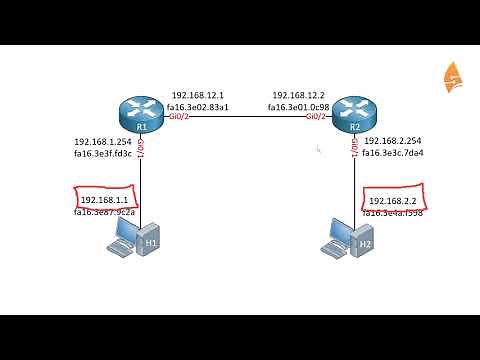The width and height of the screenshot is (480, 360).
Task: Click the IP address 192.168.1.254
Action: coord(102,142)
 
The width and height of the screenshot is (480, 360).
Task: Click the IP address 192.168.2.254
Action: coord(393,141)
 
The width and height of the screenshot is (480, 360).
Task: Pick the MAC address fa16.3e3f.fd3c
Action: coord(102,154)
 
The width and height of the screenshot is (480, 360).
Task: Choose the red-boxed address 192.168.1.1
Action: coord(104,200)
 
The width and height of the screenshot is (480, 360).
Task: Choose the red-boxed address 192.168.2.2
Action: coord(392,200)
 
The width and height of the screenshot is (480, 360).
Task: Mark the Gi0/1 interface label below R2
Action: coord(356,149)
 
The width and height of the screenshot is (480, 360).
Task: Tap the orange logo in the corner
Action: coord(453,76)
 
